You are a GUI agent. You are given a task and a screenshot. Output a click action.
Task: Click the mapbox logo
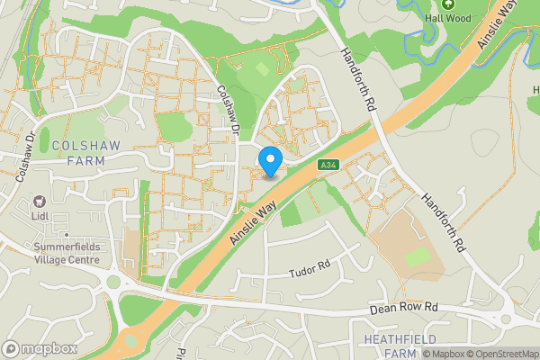click(x=40, y=348)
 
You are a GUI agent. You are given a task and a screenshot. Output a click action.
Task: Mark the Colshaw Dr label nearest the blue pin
click(x=229, y=110)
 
